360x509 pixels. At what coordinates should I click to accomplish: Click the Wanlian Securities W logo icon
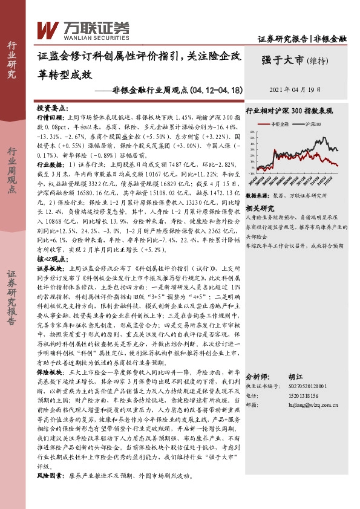tap(48, 28)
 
